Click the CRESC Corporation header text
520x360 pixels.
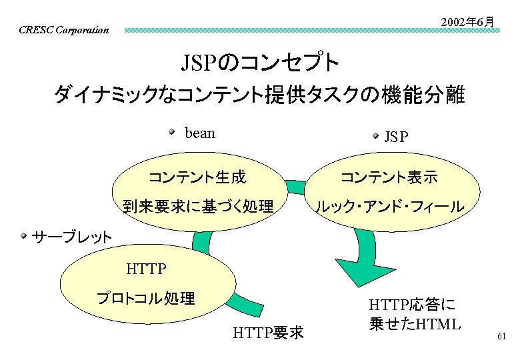(x=64, y=30)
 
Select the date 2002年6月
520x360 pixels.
(x=468, y=22)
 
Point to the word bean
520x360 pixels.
(x=200, y=133)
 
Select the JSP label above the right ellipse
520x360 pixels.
(x=396, y=137)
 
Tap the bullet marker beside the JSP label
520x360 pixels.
(x=375, y=136)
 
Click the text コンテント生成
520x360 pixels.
(x=197, y=177)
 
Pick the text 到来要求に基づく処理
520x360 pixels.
(x=198, y=207)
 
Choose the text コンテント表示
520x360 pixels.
(x=389, y=177)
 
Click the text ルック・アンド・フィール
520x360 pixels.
(x=389, y=207)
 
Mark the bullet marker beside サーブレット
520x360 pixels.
(x=24, y=235)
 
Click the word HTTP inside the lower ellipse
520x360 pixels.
(x=146, y=269)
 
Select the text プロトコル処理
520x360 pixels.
(x=146, y=298)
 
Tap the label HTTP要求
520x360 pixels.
(x=269, y=331)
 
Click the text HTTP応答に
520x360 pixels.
(x=411, y=305)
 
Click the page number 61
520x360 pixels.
(x=502, y=337)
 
